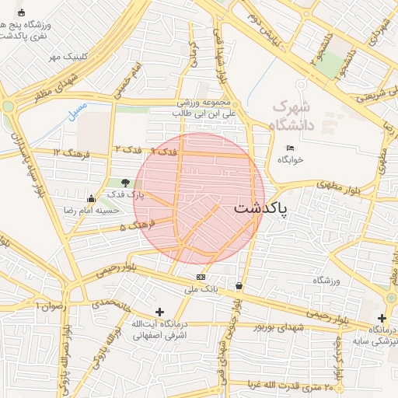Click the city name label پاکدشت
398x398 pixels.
(260, 210)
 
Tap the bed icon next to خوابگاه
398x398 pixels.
(291, 148)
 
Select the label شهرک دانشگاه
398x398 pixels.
(292, 115)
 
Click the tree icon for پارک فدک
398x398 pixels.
(126, 180)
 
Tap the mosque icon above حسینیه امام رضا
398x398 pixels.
(92, 198)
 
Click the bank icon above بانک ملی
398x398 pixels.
(201, 277)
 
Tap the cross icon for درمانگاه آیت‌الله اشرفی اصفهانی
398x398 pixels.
(159, 312)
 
